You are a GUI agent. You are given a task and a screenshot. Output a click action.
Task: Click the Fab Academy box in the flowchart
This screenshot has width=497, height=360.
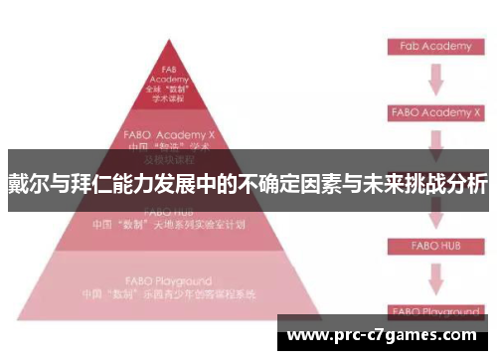click(x=433, y=46)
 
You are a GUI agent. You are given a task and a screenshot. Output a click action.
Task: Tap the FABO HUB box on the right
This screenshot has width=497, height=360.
click(x=433, y=245)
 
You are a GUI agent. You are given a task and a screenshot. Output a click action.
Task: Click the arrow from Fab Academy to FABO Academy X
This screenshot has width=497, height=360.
click(x=433, y=80)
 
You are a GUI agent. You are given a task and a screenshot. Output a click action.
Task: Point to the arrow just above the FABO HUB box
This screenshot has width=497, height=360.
click(x=433, y=217)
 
